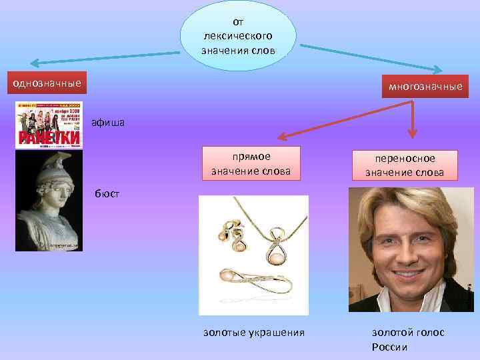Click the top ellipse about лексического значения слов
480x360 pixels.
pos(239,35)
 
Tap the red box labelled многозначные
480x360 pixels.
pos(421,87)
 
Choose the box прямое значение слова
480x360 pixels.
pos(251,163)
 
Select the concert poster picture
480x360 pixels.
pos(49,125)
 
